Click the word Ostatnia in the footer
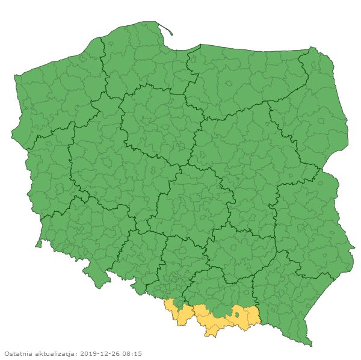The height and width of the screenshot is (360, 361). [x=19, y=353]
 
